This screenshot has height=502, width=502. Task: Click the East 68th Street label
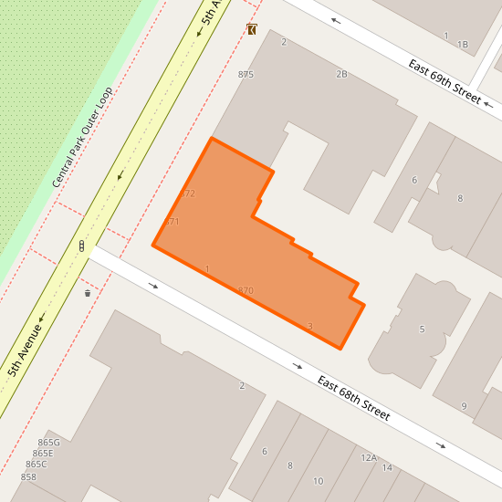tap(353, 398)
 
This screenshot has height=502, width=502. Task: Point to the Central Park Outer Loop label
tap(82, 138)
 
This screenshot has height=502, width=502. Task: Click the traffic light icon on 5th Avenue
tap(81, 246)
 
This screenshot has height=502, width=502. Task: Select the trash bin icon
tap(88, 293)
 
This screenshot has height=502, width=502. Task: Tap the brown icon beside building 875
tap(252, 29)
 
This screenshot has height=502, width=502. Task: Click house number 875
tap(245, 74)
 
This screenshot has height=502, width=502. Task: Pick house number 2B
tap(341, 74)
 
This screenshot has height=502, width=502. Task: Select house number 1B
tap(462, 44)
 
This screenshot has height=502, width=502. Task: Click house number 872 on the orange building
tap(189, 193)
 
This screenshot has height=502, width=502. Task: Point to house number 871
tap(173, 222)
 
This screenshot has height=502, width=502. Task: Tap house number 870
tap(246, 290)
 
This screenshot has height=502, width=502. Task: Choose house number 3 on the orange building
tap(310, 326)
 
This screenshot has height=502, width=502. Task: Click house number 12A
tap(369, 457)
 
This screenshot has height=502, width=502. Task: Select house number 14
tap(387, 467)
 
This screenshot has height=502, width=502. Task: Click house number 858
tap(28, 476)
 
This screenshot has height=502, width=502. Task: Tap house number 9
tap(464, 406)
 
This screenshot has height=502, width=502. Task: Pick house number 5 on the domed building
tap(422, 329)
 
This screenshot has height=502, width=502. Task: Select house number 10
tap(318, 481)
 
